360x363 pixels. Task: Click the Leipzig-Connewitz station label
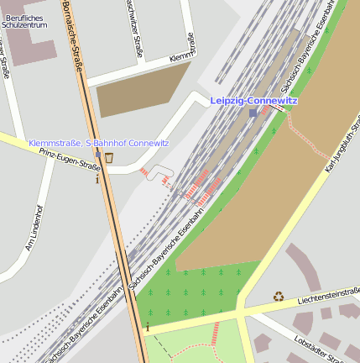pos(253,101)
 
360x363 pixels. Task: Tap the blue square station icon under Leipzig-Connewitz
pos(253,113)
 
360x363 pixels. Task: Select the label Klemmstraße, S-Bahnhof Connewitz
pos(99,143)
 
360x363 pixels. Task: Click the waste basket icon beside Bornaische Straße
pos(109,156)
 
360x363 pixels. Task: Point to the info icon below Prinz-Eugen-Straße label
pos(98,177)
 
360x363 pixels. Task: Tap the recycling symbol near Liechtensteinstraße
pos(279,296)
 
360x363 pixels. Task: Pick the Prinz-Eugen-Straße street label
pos(70,159)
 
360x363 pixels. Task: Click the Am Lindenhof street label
pos(34,228)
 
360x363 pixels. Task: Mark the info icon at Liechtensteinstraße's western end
pos(148,325)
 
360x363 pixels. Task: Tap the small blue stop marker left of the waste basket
pos(98,155)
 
